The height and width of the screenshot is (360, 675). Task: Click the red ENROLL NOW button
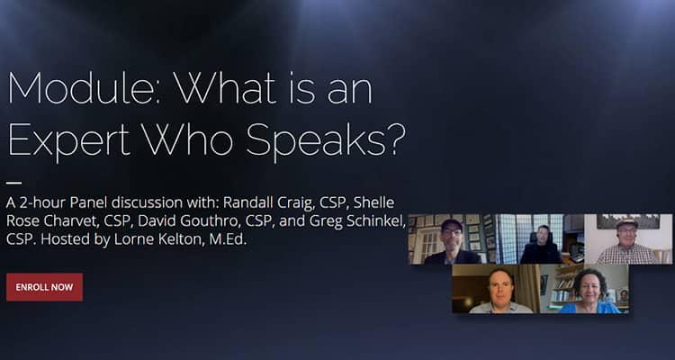(44, 287)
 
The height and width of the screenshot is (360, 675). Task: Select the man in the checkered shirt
(626, 243)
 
